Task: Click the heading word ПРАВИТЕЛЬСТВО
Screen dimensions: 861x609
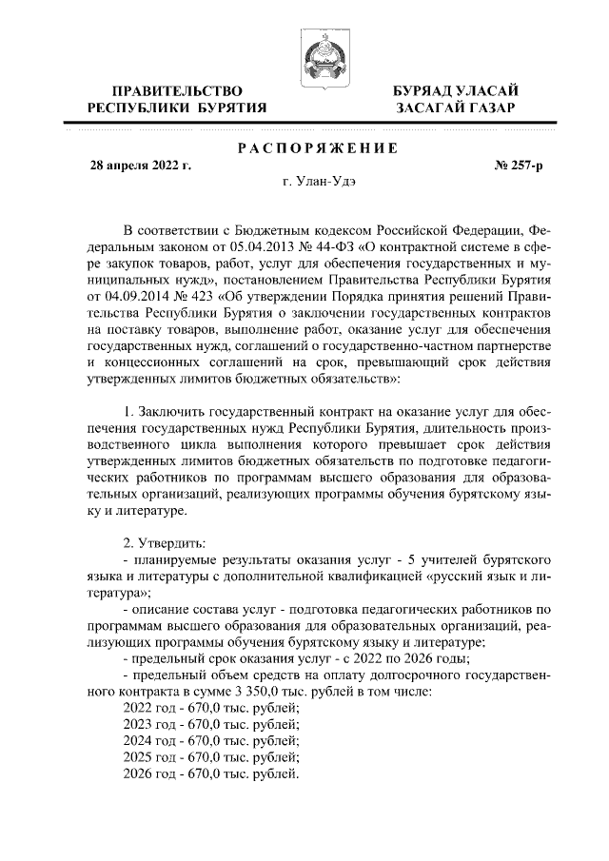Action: tap(176, 90)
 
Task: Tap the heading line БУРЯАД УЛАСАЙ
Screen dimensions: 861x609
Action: tap(456, 90)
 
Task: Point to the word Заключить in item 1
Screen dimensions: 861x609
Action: tap(177, 409)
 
